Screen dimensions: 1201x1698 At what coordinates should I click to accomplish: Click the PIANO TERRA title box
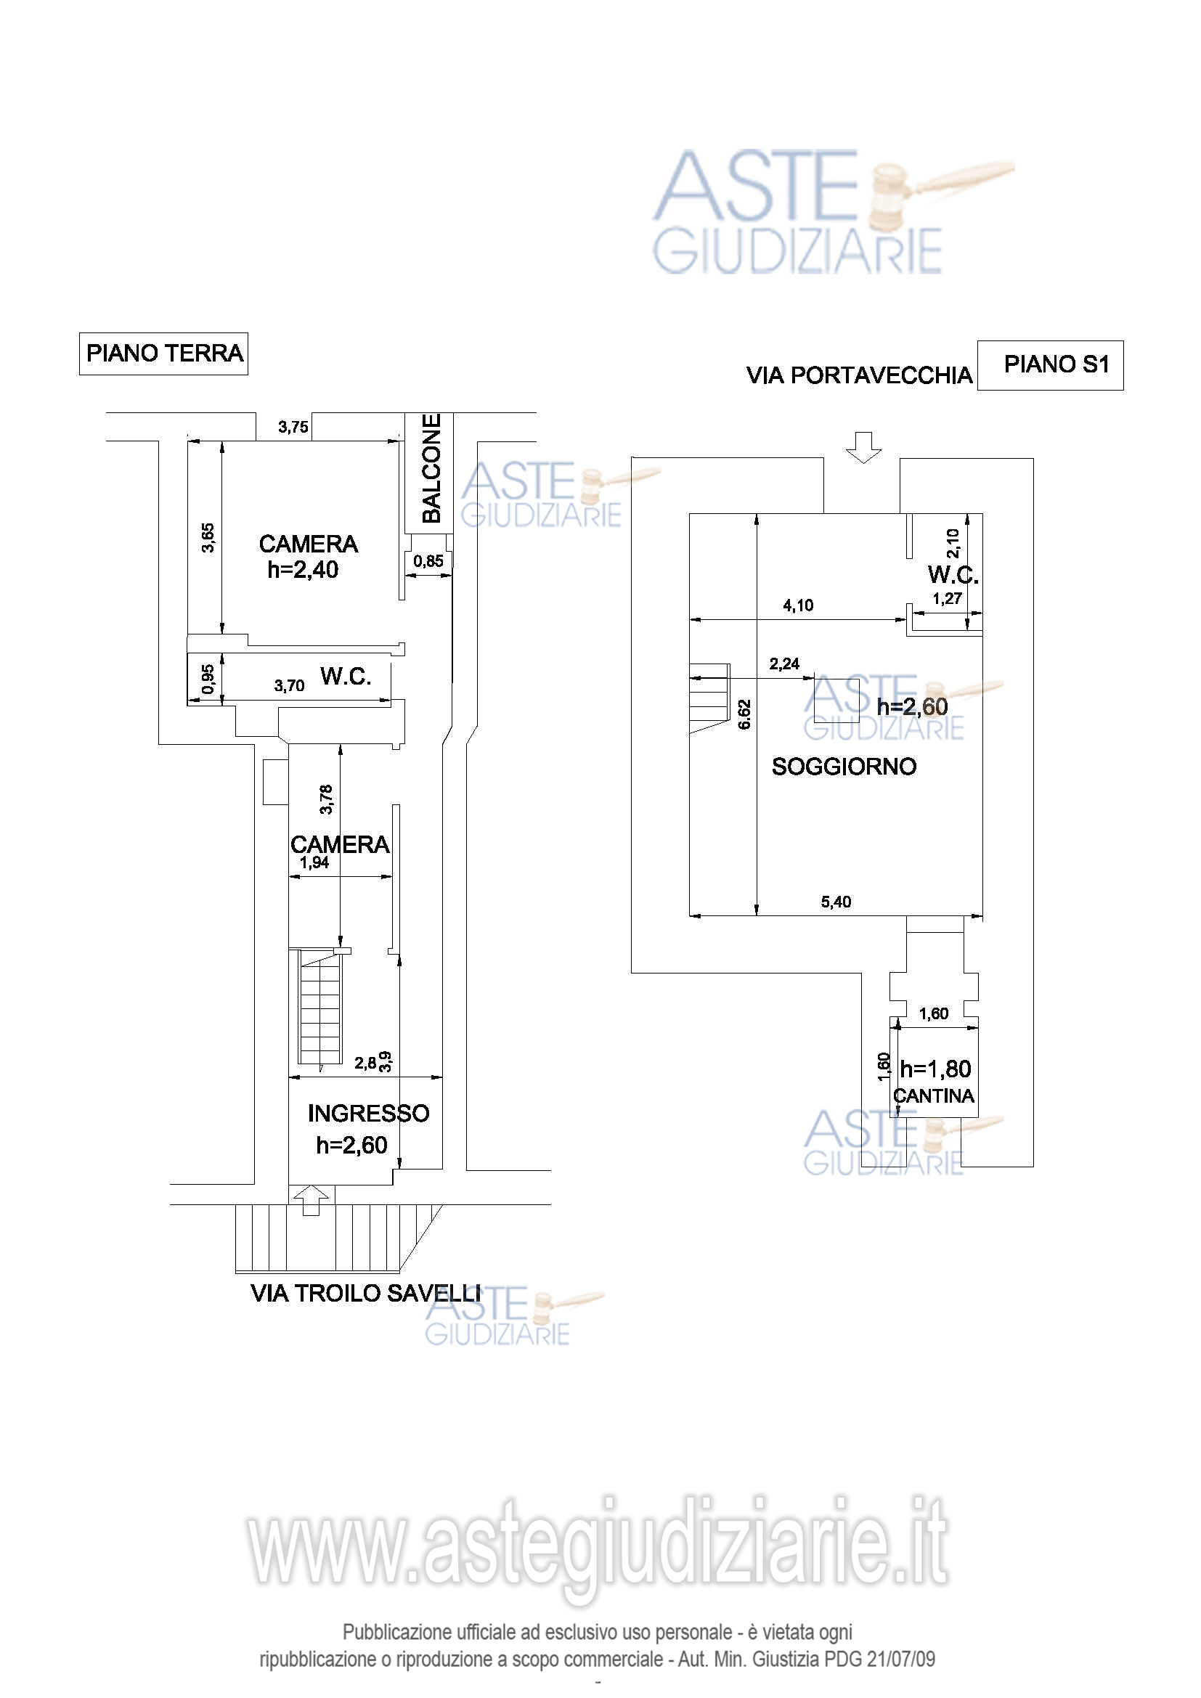pyautogui.click(x=163, y=354)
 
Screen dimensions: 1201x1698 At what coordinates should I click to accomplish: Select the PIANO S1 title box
pyautogui.click(x=1050, y=365)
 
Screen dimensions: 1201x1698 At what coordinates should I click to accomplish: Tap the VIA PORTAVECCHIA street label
pyautogui.click(x=859, y=376)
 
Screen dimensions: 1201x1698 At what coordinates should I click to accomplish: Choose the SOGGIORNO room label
pyautogui.click(x=844, y=766)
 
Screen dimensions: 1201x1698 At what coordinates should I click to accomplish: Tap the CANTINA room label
pyautogui.click(x=933, y=1096)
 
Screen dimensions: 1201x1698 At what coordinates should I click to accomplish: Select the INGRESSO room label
pyautogui.click(x=368, y=1113)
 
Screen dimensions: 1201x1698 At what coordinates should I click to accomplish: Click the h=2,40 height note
pyautogui.click(x=303, y=569)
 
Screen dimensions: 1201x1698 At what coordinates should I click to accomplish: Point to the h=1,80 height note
pyautogui.click(x=935, y=1069)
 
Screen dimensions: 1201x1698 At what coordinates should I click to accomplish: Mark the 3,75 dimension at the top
pyautogui.click(x=293, y=427)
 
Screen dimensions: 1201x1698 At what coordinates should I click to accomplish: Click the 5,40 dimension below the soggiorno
pyautogui.click(x=836, y=902)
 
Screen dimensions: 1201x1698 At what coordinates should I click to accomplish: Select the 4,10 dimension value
pyautogui.click(x=798, y=605)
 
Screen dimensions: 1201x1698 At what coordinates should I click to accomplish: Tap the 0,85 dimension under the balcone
pyautogui.click(x=428, y=561)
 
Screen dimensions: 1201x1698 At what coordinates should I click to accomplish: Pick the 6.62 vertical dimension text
pyautogui.click(x=745, y=714)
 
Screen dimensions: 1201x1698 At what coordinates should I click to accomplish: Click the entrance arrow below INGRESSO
pyautogui.click(x=312, y=1199)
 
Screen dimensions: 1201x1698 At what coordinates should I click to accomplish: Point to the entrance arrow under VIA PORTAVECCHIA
pyautogui.click(x=864, y=447)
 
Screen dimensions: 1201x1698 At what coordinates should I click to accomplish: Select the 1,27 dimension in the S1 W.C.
pyautogui.click(x=947, y=599)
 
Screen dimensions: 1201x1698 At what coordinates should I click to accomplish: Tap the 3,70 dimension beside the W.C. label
pyautogui.click(x=289, y=685)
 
